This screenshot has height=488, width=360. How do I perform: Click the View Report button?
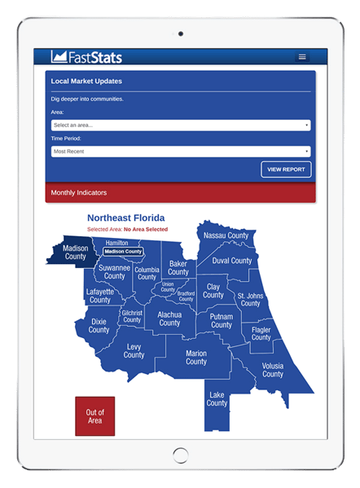pos(286,169)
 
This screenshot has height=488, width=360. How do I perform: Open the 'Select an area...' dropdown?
pos(181,125)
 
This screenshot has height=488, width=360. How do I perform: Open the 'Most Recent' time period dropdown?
pos(181,152)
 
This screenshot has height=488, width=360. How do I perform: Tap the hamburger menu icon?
pos(302,57)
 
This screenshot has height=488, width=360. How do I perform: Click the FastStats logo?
pos(86,57)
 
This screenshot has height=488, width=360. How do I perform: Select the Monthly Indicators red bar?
pos(181,193)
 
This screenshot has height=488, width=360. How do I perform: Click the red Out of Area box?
pos(95,417)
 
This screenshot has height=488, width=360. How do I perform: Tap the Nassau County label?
pos(226,235)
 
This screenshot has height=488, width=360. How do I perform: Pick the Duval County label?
pos(232,261)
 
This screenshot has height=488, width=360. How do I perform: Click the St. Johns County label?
pos(250,299)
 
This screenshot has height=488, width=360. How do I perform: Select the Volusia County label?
pos(273,370)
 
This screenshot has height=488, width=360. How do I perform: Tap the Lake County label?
pos(217,398)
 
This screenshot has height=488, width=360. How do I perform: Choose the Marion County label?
pos(196,358)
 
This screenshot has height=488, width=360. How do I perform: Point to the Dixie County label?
pos(99,326)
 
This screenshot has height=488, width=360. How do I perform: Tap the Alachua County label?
pos(169,319)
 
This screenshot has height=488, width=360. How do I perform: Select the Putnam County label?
pos(221,320)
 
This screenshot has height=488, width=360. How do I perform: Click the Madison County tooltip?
pos(123,252)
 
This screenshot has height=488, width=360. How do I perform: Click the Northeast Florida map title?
pos(125,218)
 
